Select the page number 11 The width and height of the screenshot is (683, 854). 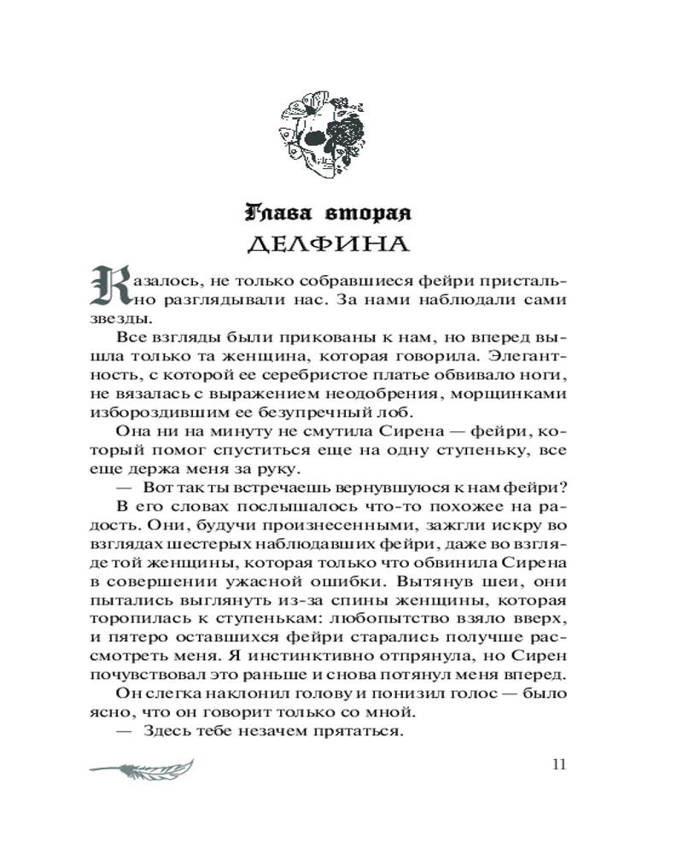(559, 763)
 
